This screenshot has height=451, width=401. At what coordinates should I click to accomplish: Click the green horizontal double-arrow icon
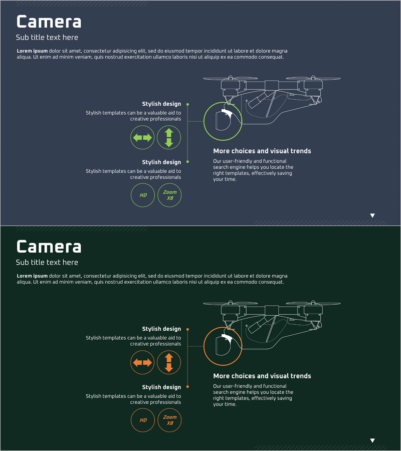point(142,137)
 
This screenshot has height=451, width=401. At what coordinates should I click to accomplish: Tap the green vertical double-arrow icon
point(169,137)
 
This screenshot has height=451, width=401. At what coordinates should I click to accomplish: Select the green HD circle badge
point(143,195)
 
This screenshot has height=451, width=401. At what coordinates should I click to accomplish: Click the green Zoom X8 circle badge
point(170,195)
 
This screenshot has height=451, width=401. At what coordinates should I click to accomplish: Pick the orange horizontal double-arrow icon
point(142,362)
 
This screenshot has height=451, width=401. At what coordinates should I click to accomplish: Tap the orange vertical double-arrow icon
point(169,362)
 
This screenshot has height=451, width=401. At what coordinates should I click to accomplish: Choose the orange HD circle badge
point(143,420)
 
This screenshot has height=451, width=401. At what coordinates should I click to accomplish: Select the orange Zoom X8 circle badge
point(170,420)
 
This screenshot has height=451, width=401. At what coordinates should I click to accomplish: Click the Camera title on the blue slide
point(49,22)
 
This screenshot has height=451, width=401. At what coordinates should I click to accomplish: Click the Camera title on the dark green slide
point(49,247)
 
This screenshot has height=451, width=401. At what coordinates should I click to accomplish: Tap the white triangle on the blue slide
point(372,215)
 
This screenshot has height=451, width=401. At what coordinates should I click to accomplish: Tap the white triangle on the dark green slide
point(372,440)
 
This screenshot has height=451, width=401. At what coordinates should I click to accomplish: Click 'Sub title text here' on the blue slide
point(47,38)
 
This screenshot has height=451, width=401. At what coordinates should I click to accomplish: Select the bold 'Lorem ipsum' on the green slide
point(32,276)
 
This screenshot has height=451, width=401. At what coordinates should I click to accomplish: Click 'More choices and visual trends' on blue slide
point(262,151)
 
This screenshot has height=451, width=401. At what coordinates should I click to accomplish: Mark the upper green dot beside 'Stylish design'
point(187,104)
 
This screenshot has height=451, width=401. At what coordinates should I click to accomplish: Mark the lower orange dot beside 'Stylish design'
point(187,387)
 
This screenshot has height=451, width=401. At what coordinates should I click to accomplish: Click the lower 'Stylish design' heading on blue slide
point(161,162)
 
